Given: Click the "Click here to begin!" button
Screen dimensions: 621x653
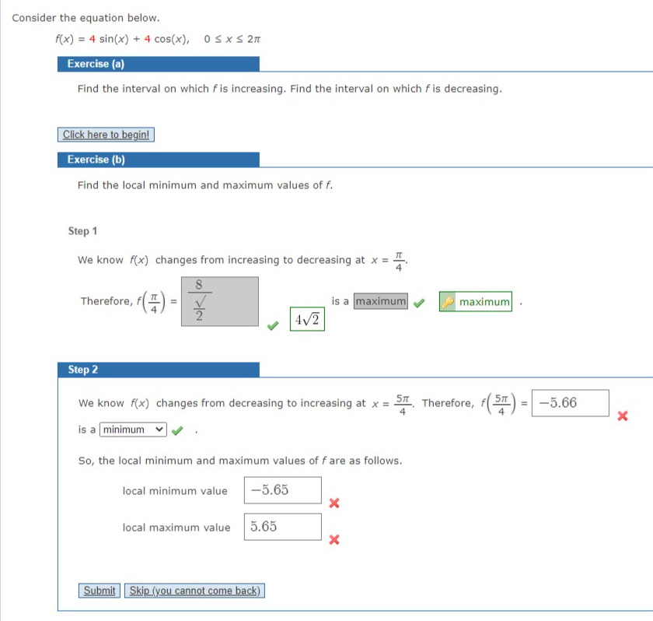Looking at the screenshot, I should pyautogui.click(x=107, y=135).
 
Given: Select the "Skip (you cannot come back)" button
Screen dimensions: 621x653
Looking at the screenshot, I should pyautogui.click(x=194, y=591).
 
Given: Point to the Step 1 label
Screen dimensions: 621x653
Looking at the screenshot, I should pyautogui.click(x=83, y=231).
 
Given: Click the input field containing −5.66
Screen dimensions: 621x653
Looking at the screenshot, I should pyautogui.click(x=570, y=403).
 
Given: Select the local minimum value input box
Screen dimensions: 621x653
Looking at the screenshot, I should pyautogui.click(x=282, y=490).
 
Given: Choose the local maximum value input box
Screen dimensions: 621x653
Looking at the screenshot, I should pyautogui.click(x=282, y=527).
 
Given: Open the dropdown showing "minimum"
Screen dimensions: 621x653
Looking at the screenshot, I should pyautogui.click(x=134, y=430).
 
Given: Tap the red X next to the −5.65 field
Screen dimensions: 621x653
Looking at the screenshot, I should pyautogui.click(x=333, y=503).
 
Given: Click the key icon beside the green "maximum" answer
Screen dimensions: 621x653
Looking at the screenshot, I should pyautogui.click(x=449, y=301).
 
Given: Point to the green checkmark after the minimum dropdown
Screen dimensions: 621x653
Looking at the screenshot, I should pyautogui.click(x=178, y=430).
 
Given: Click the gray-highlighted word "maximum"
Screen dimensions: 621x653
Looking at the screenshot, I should pyautogui.click(x=380, y=301).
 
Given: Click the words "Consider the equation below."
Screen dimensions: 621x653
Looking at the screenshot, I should pyautogui.click(x=86, y=17).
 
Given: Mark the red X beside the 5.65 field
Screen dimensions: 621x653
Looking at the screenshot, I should pyautogui.click(x=333, y=539).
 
